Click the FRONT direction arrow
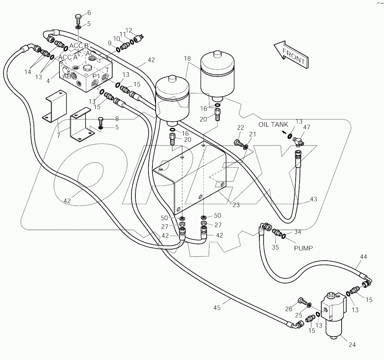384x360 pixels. [x=290, y=56]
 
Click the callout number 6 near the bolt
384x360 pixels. [x=89, y=12]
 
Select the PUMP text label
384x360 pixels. [x=303, y=248]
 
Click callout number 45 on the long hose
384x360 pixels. [x=217, y=307]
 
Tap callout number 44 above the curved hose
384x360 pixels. [x=363, y=256]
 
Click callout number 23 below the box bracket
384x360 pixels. [x=236, y=205]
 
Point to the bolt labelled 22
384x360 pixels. [x=239, y=143]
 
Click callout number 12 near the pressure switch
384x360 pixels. [x=129, y=30]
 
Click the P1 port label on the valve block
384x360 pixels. [x=97, y=77]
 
